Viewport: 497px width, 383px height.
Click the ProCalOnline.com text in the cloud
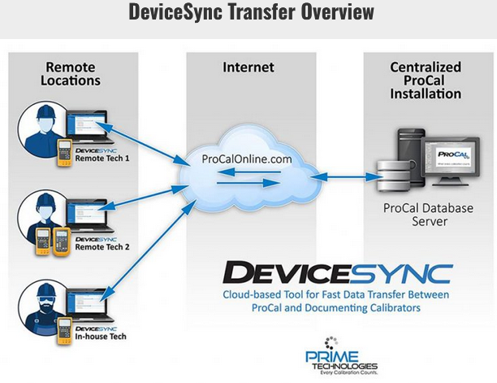tap(246, 159)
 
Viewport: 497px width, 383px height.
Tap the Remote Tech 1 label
tap(102, 158)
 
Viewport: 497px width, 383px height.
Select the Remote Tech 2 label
tap(102, 247)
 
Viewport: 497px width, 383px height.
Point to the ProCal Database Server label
tap(427, 215)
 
